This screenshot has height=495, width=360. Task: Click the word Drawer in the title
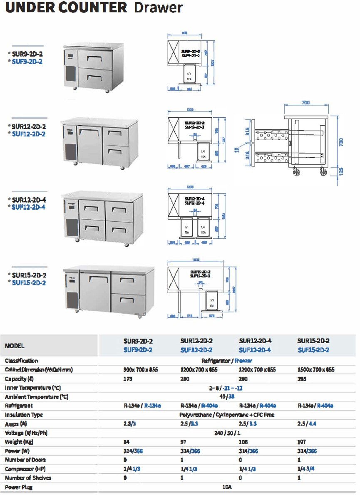tap(159, 7)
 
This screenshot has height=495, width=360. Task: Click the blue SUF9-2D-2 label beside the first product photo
tap(27, 62)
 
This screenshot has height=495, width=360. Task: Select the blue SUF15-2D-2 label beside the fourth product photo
tap(29, 283)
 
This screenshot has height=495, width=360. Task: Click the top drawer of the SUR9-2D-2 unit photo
tap(95, 59)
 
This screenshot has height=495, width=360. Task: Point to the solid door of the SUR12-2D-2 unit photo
tap(89, 145)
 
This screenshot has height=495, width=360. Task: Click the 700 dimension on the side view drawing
tap(306, 102)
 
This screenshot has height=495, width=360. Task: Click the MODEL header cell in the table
tap(15, 346)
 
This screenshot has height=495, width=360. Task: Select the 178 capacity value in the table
tap(127, 379)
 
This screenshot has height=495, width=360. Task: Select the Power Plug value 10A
tap(227, 487)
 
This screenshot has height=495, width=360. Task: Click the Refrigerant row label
tap(19, 406)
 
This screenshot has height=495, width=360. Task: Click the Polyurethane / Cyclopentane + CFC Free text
tap(227, 415)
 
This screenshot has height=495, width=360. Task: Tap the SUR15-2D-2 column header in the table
tap(313, 341)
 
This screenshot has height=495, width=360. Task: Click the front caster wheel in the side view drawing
tap(297, 171)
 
